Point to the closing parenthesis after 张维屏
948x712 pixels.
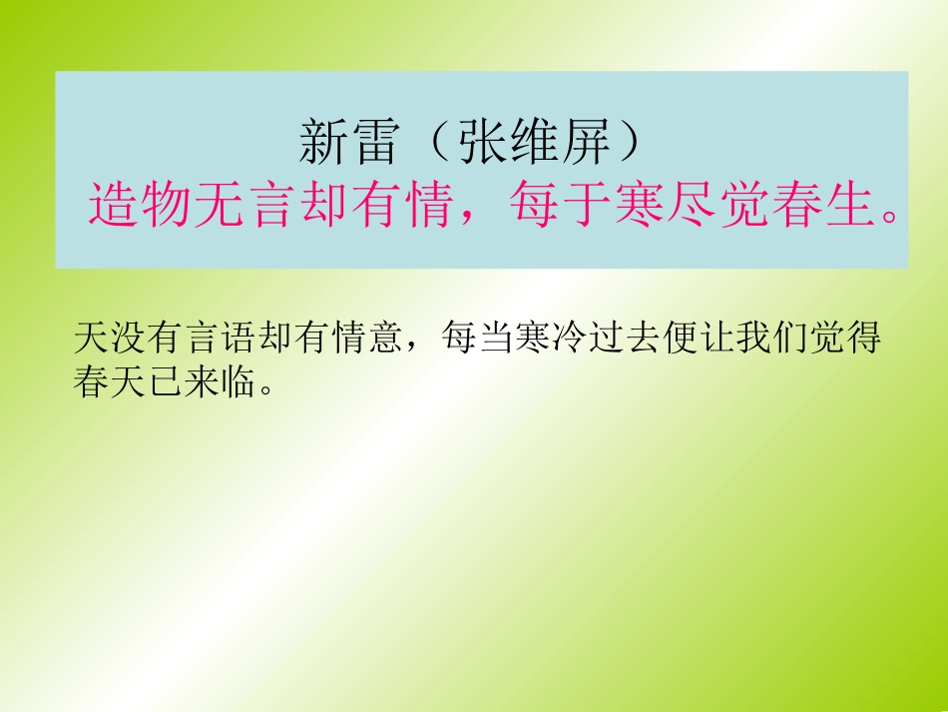click(628, 145)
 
